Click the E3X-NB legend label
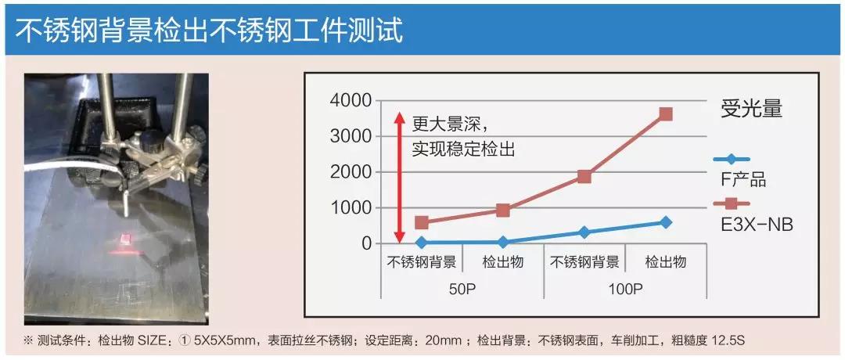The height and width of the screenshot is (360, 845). [x=756, y=225]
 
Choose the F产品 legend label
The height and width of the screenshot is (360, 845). [x=743, y=180]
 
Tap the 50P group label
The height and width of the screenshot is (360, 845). [x=462, y=289]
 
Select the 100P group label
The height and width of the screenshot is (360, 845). [x=625, y=289]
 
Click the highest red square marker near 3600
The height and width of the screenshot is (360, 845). [x=666, y=113]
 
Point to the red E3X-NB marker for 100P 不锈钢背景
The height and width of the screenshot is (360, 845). [x=584, y=176]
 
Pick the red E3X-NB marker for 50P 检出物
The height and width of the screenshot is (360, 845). [x=503, y=210]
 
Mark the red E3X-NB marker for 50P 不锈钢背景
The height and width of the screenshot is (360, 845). [x=422, y=222]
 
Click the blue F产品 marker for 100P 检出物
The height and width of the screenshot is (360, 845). [x=666, y=222]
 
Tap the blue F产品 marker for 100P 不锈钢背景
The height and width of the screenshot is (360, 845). [x=584, y=232]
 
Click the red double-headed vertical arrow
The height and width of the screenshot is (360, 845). [x=398, y=177]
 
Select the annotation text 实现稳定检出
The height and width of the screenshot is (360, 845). [x=463, y=149]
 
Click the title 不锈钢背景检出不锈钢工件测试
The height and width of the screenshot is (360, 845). [x=209, y=31]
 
